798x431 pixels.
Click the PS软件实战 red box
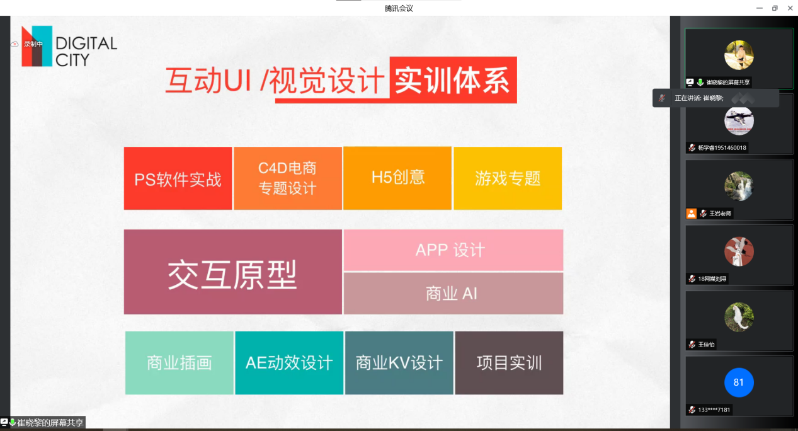click(x=178, y=178)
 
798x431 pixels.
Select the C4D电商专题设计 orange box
click(x=287, y=178)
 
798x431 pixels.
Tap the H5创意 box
click(x=397, y=178)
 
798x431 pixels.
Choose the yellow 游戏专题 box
click(x=508, y=178)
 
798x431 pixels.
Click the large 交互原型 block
click(x=232, y=272)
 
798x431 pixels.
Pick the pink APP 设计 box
click(x=453, y=250)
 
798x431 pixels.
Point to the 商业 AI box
click(x=453, y=294)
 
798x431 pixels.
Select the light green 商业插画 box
click(x=180, y=362)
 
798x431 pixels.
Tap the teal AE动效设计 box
click(x=289, y=362)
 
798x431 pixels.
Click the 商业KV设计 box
click(x=399, y=362)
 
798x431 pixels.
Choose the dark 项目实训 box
click(x=509, y=362)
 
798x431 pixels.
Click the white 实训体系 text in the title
click(x=452, y=81)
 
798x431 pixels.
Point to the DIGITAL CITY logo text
click(x=86, y=52)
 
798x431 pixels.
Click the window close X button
click(x=790, y=8)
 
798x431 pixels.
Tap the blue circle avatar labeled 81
click(x=739, y=382)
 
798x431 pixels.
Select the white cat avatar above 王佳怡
click(x=739, y=317)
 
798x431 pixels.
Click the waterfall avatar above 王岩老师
click(x=739, y=186)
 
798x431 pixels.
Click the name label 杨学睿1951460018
click(x=722, y=147)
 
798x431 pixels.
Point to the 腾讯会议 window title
click(x=399, y=8)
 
